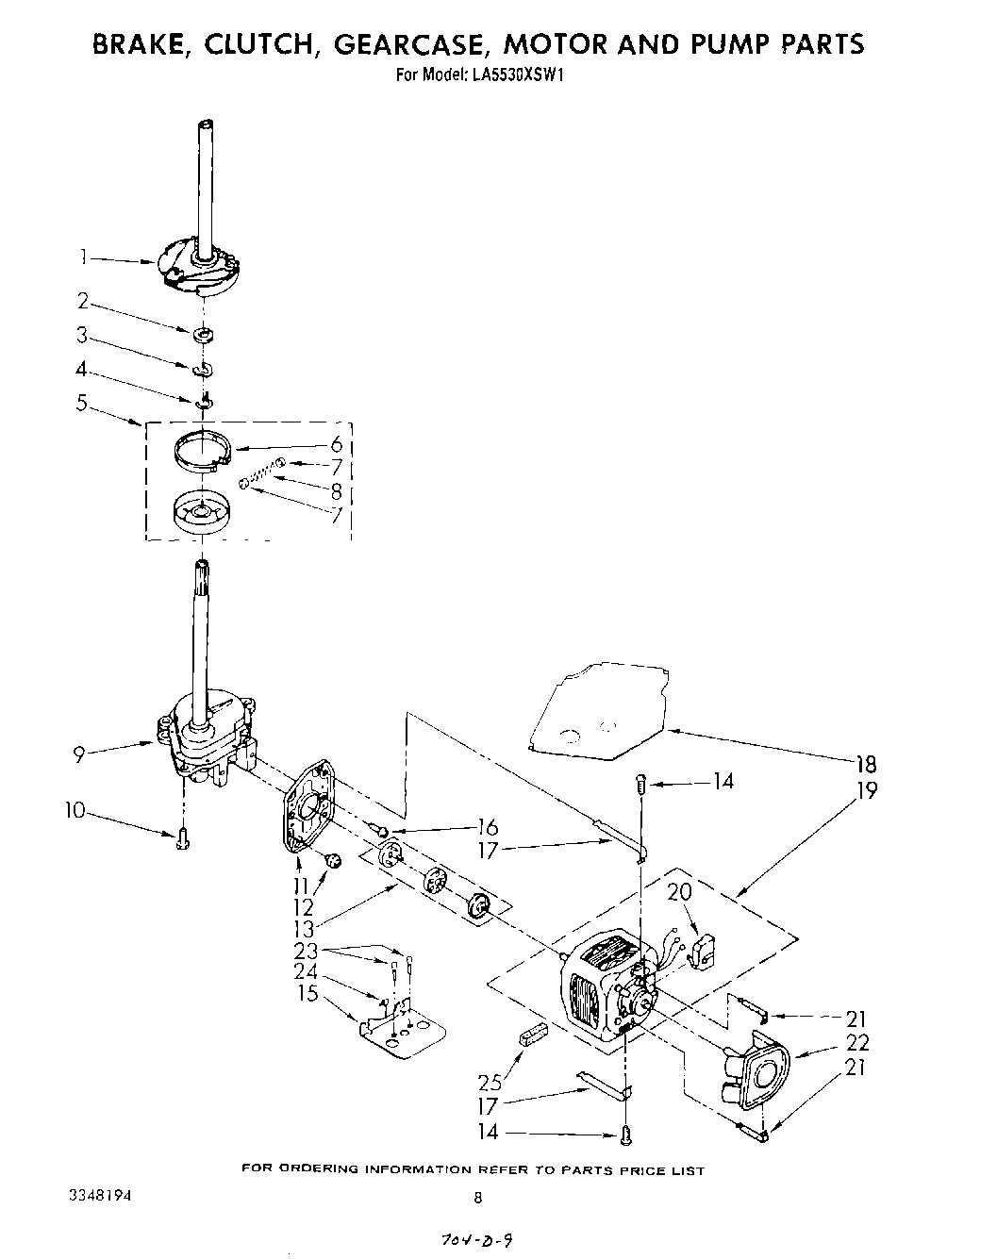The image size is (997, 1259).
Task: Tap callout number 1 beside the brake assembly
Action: [84, 256]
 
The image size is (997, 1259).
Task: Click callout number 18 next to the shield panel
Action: [864, 764]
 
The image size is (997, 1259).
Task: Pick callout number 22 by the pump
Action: [858, 1042]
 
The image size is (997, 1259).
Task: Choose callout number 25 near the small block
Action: [490, 1084]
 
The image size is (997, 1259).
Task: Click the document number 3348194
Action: [100, 1195]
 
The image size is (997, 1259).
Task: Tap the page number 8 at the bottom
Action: [478, 1199]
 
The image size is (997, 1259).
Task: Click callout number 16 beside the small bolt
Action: [488, 827]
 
